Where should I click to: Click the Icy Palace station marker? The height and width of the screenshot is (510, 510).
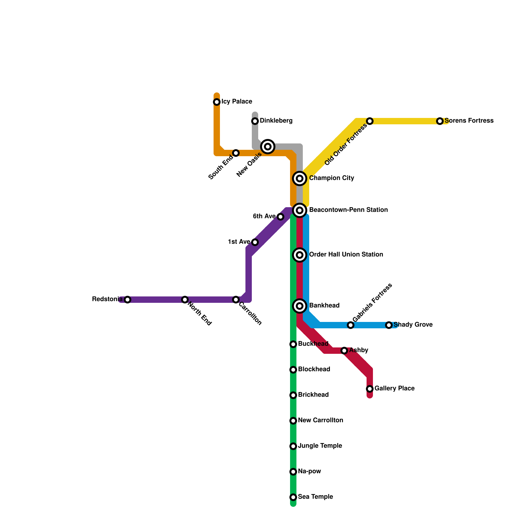(217, 102)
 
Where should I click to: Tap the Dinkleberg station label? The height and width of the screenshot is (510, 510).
(276, 121)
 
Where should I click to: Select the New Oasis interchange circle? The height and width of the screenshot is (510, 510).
(268, 147)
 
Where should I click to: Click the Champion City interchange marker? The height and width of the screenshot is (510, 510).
(300, 178)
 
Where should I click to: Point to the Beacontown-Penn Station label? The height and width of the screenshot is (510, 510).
(348, 210)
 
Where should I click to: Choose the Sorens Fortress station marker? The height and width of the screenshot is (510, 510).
(440, 121)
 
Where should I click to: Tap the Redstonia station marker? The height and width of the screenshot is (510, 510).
(127, 300)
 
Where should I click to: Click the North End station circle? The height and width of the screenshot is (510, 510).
(185, 300)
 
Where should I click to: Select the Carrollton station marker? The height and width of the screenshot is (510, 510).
(236, 300)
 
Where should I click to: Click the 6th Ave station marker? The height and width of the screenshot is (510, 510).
(280, 217)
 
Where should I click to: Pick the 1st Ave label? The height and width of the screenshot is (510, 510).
(239, 242)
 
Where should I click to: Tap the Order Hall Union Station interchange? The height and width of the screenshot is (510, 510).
(300, 255)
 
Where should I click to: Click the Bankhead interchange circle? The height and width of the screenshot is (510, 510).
(300, 306)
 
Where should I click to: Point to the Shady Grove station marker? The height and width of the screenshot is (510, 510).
(389, 325)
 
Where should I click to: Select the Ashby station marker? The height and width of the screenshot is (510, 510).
(344, 351)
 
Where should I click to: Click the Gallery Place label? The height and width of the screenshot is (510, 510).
(395, 389)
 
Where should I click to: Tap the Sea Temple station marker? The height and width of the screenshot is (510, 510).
(293, 497)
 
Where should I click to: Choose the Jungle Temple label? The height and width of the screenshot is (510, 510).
(320, 446)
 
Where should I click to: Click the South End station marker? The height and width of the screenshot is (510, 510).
(236, 153)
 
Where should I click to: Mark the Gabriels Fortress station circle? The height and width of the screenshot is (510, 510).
(351, 325)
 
